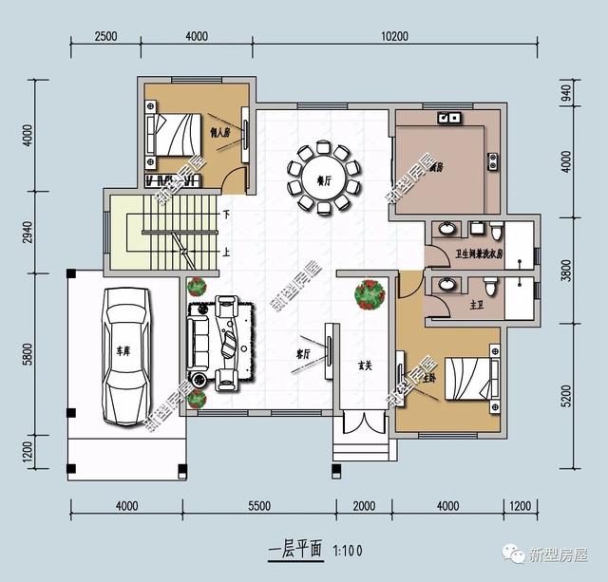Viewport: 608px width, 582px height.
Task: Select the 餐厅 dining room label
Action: click(322, 178)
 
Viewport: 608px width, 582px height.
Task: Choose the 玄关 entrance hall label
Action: click(365, 365)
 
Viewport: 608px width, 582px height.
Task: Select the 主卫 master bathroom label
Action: click(476, 306)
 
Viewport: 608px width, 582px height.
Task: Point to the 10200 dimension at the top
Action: click(393, 36)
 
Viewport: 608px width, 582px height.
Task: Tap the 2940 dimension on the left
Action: click(28, 231)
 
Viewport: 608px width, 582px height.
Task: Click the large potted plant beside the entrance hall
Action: click(370, 293)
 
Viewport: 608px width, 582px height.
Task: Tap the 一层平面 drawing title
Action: click(296, 549)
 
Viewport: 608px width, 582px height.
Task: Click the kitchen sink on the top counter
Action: click(447, 119)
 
